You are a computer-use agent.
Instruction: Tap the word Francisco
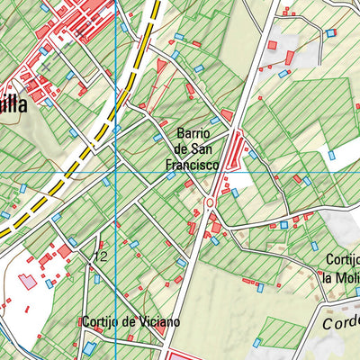tap(193, 166)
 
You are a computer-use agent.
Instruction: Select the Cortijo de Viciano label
tap(130, 321)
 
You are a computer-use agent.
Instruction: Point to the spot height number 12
tap(100, 257)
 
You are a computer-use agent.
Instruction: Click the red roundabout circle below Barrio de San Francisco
tap(210, 203)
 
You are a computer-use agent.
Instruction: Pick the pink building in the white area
tap(28, 281)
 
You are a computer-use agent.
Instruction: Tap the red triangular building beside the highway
tap(161, 66)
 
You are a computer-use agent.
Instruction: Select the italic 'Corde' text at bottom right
tap(341, 321)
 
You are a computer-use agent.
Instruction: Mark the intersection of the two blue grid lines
tap(117, 173)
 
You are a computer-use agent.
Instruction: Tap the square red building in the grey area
tap(272, 44)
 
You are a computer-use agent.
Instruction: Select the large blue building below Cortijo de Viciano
tap(89, 347)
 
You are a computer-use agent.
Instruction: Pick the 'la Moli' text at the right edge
tap(341, 276)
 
